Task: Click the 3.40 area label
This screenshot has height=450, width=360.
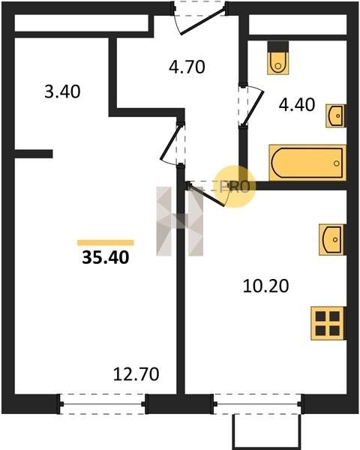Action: tap(62, 91)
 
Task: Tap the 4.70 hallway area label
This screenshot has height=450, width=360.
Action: tap(187, 67)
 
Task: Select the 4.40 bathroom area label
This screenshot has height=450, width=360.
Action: tap(297, 104)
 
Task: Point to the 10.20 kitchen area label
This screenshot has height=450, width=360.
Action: tap(265, 286)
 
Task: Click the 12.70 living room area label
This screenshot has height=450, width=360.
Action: tap(136, 374)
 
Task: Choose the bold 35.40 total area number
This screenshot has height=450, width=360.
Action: tap(106, 257)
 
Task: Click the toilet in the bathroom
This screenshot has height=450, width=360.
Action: tap(278, 63)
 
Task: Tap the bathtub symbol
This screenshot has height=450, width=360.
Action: tap(307, 163)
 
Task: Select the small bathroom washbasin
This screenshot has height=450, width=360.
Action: tap(335, 116)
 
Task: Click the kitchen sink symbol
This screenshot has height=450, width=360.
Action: tap(331, 240)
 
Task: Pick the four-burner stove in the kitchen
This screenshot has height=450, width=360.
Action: tap(328, 323)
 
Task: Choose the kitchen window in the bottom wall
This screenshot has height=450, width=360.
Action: tap(257, 404)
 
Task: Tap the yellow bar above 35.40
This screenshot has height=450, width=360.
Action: tap(106, 243)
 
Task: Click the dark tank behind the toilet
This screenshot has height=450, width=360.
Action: tap(278, 46)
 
